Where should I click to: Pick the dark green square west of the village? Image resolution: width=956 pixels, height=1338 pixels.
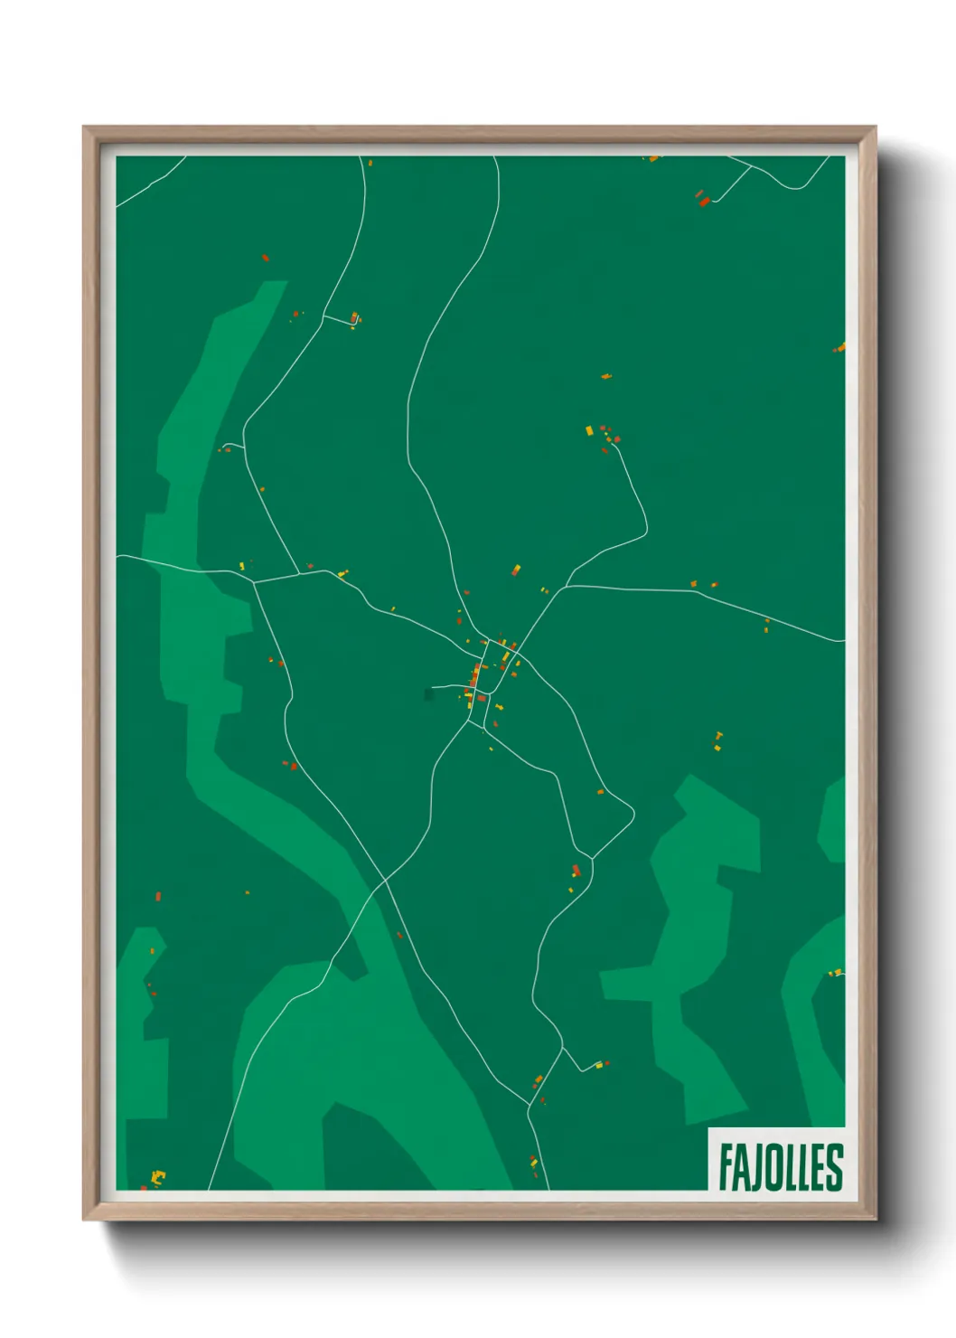(428, 694)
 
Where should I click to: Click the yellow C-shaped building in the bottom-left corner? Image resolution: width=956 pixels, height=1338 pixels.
(158, 1176)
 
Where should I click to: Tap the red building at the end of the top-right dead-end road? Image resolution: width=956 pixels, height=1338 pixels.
(704, 202)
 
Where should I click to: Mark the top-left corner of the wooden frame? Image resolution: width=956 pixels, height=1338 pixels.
(85, 128)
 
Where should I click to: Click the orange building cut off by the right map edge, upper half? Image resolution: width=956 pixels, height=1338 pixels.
(840, 347)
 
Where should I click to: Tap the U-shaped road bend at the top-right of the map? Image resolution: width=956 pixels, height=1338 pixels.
(793, 187)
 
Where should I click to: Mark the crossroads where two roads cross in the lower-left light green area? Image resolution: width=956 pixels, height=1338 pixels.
(385, 880)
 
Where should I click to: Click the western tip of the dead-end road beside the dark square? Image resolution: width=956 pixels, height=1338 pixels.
(434, 688)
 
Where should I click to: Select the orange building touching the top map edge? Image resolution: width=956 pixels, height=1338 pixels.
(653, 159)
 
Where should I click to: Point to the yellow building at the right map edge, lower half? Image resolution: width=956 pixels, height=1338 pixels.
(838, 973)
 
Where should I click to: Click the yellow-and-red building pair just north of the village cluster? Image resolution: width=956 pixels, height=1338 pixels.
(516, 570)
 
